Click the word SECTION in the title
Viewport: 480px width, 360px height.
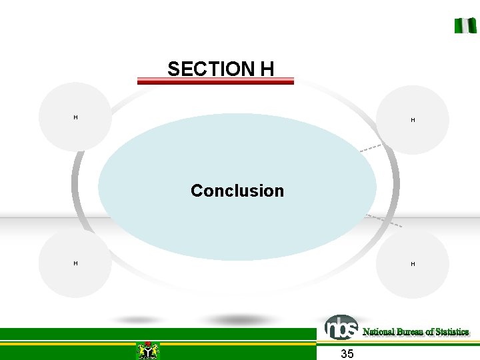coord(206,69)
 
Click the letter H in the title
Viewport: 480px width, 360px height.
coord(267,69)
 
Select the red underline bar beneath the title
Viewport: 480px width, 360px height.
coord(215,81)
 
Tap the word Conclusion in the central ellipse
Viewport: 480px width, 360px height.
coord(237,191)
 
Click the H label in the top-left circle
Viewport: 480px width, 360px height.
coord(75,117)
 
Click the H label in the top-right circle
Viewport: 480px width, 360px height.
coord(413,120)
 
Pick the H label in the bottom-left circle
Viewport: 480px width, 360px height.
coord(75,263)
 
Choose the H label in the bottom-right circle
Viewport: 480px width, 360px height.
coord(413,264)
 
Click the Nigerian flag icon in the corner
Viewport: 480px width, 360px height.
coord(465,25)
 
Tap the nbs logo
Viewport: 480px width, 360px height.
coord(341,327)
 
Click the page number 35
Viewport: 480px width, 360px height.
coord(347,353)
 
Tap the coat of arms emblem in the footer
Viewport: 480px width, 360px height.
coord(147,351)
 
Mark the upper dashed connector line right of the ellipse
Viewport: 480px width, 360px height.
coord(371,148)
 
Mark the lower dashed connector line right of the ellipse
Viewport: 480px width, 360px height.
coord(385,221)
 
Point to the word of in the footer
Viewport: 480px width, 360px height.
coord(430,332)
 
